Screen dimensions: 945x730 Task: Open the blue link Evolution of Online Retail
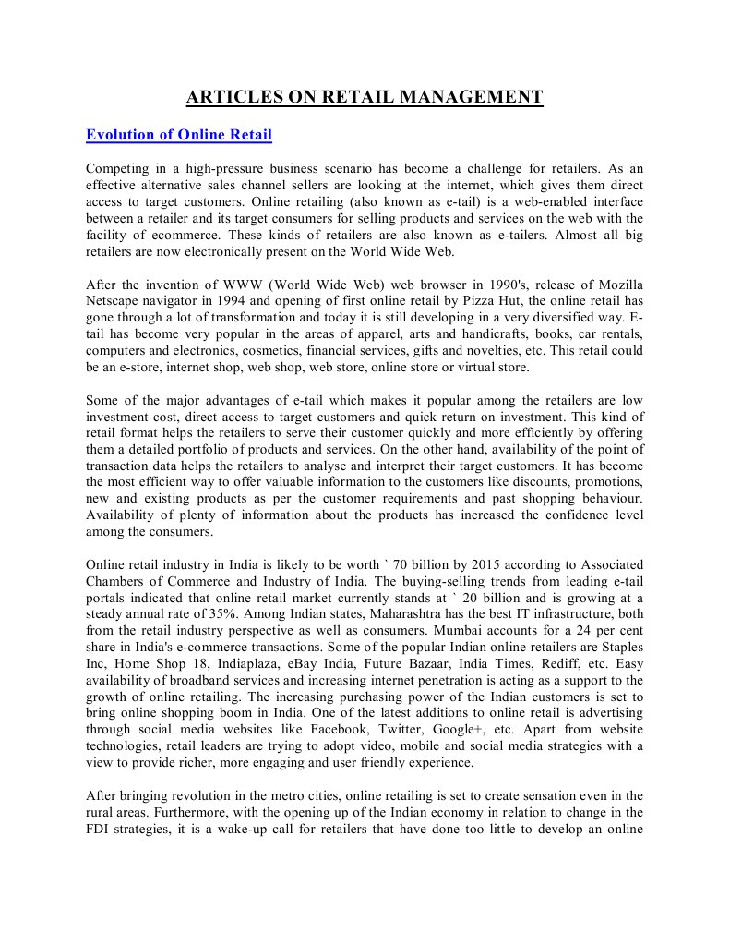click(178, 135)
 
